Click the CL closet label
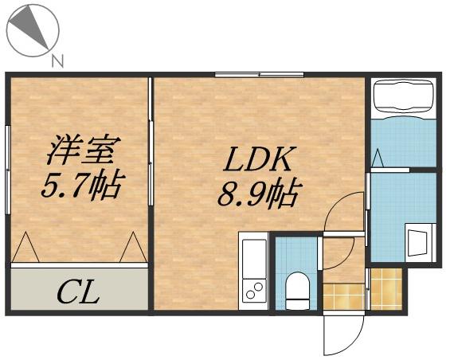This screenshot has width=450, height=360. [77, 292]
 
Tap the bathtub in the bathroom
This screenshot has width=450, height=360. [404, 98]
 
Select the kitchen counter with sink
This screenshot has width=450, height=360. [253, 271]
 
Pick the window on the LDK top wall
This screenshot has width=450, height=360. [258, 75]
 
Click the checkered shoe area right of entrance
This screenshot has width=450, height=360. [386, 288]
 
